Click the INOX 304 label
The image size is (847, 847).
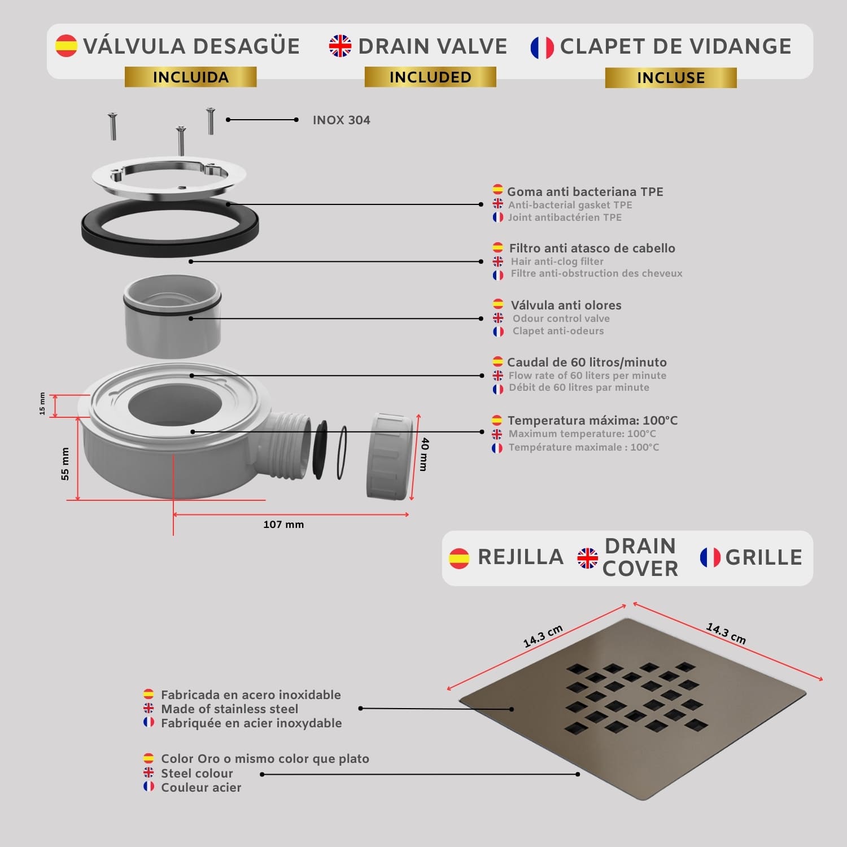(342, 120)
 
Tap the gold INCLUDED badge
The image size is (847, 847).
(430, 77)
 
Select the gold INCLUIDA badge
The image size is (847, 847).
(191, 77)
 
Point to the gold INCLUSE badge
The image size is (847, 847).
(671, 77)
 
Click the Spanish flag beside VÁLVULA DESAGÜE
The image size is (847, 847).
(66, 46)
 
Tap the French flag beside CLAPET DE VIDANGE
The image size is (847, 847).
(542, 47)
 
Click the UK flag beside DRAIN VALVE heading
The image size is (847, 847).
(340, 46)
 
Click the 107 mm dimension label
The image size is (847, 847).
(283, 525)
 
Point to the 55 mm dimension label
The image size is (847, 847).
(65, 464)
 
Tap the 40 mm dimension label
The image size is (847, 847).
(424, 454)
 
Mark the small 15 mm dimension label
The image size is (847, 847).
(42, 404)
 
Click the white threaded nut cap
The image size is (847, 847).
(390, 456)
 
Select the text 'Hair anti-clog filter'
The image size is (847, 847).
(557, 261)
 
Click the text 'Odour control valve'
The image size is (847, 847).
(561, 318)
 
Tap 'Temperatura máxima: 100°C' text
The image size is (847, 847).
(592, 421)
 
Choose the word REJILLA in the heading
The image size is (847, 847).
(521, 557)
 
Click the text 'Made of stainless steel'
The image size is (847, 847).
(230, 709)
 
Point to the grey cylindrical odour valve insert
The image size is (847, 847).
(172, 316)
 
